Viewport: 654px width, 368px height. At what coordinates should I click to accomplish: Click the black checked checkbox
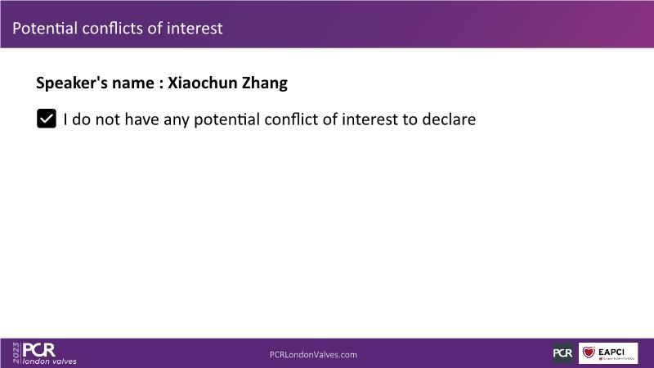(x=47, y=119)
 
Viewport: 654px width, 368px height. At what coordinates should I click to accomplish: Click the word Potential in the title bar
(x=45, y=29)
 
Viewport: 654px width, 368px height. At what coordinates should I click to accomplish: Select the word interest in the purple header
(x=195, y=29)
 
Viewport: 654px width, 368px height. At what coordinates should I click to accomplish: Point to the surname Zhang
(x=265, y=83)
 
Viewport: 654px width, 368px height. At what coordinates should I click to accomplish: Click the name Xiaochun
(x=203, y=83)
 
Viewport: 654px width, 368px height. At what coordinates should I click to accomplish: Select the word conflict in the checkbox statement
(x=291, y=119)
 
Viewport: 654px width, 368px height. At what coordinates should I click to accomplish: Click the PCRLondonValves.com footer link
(x=313, y=355)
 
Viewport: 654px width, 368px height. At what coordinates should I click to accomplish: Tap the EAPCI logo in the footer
(x=608, y=353)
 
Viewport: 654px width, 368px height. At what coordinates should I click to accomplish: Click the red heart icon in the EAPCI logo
(x=589, y=352)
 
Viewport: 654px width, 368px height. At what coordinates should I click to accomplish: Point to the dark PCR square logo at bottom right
(x=562, y=353)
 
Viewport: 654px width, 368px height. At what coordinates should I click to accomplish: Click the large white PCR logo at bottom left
(x=38, y=350)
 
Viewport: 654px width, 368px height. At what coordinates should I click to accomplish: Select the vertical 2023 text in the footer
(x=16, y=353)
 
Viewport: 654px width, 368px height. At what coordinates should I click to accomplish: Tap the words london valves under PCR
(x=50, y=361)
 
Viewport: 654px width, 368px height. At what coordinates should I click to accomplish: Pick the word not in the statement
(x=108, y=119)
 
